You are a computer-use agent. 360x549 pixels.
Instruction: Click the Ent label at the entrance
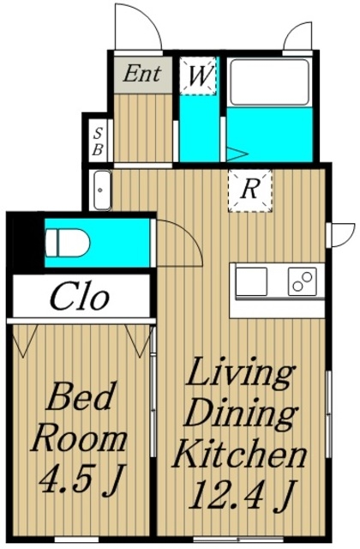142,74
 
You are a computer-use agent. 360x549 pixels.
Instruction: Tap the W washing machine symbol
198,75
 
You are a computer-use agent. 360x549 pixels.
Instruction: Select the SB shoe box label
98,142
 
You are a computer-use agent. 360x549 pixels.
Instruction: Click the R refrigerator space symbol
249,190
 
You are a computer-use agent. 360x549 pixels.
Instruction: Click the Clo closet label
80,298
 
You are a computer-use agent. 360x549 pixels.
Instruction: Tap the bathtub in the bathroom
269,82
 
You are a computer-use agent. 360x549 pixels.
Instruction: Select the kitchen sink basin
251,281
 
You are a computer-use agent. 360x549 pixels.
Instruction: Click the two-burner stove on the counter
303,281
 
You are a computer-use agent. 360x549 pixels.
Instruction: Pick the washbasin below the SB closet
102,190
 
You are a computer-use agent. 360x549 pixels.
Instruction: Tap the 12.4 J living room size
243,494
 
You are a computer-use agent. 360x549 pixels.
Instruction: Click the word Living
240,377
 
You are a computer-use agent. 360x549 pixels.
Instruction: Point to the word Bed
81,396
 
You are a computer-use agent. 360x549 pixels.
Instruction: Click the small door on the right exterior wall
341,234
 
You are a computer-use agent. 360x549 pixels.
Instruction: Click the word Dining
240,415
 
